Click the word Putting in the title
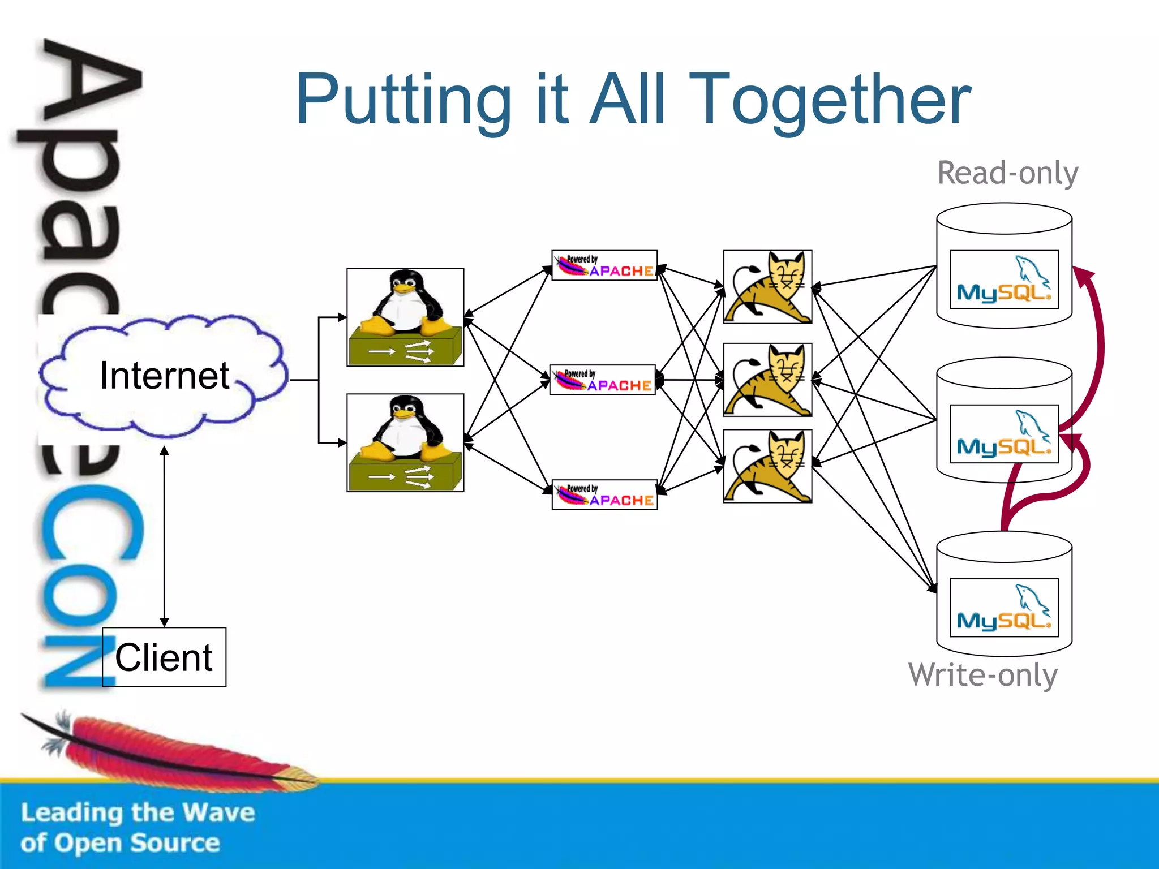coord(403,101)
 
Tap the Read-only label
coord(1007,173)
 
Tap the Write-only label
coord(982,675)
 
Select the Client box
coord(164,657)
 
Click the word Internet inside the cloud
coord(164,376)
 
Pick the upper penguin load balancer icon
coord(405,317)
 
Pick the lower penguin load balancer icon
coord(405,443)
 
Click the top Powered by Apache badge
coord(604,266)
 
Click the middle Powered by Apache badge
coord(602,380)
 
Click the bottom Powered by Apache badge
coord(604,495)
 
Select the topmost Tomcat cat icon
coord(767,287)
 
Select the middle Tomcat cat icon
coord(767,380)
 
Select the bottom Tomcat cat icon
coord(767,466)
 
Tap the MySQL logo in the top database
coord(1004,279)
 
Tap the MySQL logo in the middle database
coord(1004,434)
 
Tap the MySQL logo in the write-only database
coord(1004,608)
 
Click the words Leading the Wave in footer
coord(138,812)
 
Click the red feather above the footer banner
coord(170,750)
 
